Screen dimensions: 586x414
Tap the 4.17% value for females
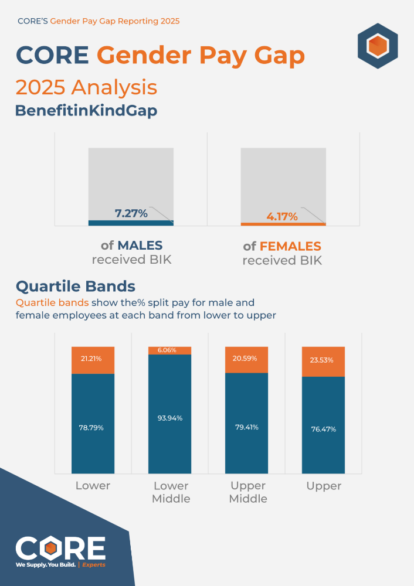pyautogui.click(x=282, y=217)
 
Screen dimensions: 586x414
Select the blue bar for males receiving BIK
pyautogui.click(x=131, y=223)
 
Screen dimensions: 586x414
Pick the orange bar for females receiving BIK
pyautogui.click(x=283, y=224)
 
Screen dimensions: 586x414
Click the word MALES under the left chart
pyautogui.click(x=140, y=246)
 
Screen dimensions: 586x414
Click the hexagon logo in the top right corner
pyautogui.click(x=378, y=46)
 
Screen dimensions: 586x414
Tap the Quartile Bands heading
pyautogui.click(x=76, y=287)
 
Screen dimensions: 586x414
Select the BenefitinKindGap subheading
pyautogui.click(x=86, y=111)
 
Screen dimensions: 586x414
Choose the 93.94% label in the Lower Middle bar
pyautogui.click(x=170, y=418)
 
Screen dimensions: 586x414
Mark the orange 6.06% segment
pyautogui.click(x=170, y=350)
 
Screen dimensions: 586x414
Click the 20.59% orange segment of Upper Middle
pyautogui.click(x=247, y=359)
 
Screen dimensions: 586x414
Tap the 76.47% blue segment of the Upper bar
pyautogui.click(x=323, y=430)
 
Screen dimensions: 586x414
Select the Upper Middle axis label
pyautogui.click(x=248, y=492)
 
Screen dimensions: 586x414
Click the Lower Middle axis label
pyautogui.click(x=171, y=492)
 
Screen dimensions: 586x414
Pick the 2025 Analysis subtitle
pyautogui.click(x=86, y=87)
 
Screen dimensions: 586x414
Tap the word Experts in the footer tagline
pyautogui.click(x=94, y=565)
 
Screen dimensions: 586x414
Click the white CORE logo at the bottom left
pyautogui.click(x=60, y=547)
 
